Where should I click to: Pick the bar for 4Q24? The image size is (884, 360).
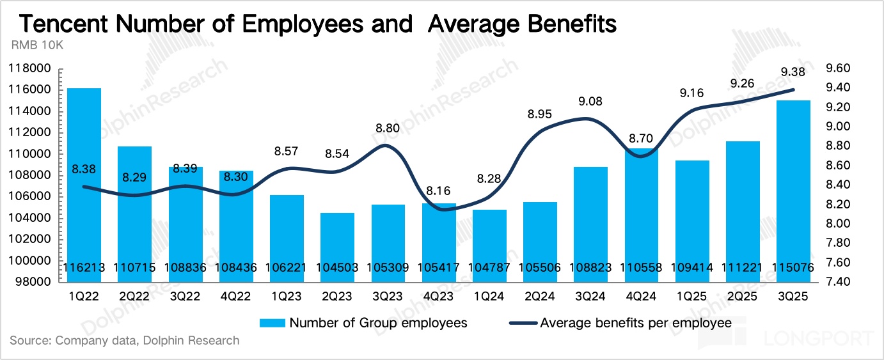coord(642,211)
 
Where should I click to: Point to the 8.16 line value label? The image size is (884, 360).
coord(439,191)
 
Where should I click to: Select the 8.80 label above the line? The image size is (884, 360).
coord(388,129)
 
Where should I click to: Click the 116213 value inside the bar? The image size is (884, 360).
coord(84,268)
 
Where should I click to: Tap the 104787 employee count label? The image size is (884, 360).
coord(490,268)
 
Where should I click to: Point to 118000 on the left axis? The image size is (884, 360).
coord(29,68)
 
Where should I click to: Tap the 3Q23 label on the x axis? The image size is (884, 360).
coord(388,296)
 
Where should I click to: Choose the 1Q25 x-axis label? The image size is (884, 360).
coord(692,296)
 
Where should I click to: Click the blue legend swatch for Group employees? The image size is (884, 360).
coord(272,323)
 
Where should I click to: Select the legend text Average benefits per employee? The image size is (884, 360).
coord(636,323)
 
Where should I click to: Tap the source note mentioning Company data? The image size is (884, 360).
coord(125,340)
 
